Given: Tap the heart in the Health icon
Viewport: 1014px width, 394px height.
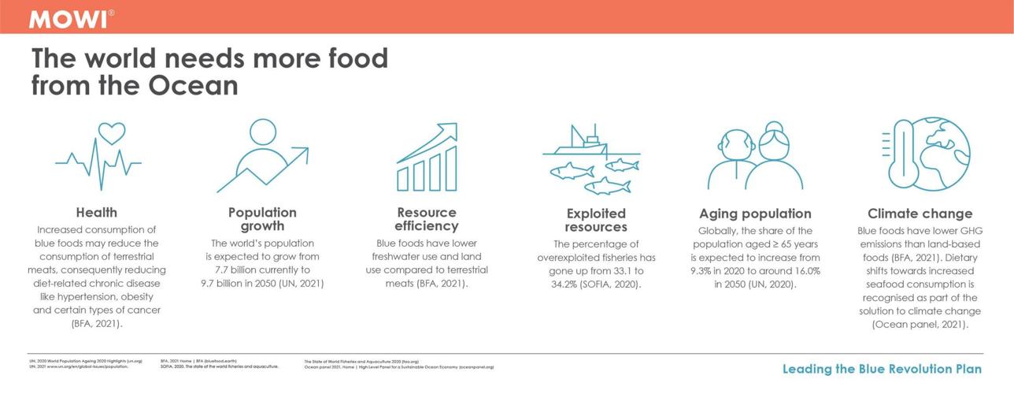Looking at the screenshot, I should coord(111,132).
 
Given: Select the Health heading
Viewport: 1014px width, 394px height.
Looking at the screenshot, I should coord(97,213).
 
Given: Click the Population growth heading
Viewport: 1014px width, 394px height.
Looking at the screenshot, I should coord(262,219).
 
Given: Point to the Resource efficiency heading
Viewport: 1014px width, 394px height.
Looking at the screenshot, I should coord(427,219).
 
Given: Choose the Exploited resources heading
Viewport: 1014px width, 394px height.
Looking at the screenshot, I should coord(596,220).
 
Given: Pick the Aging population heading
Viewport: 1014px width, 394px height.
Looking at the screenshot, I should coord(755,214).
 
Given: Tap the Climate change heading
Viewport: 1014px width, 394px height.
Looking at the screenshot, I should coord(920,214).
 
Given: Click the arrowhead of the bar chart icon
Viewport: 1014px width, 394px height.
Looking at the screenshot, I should coord(450,129).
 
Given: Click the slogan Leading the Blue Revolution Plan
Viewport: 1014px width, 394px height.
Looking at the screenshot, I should coord(882,369).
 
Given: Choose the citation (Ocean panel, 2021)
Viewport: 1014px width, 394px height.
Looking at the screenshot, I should coord(920,324).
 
